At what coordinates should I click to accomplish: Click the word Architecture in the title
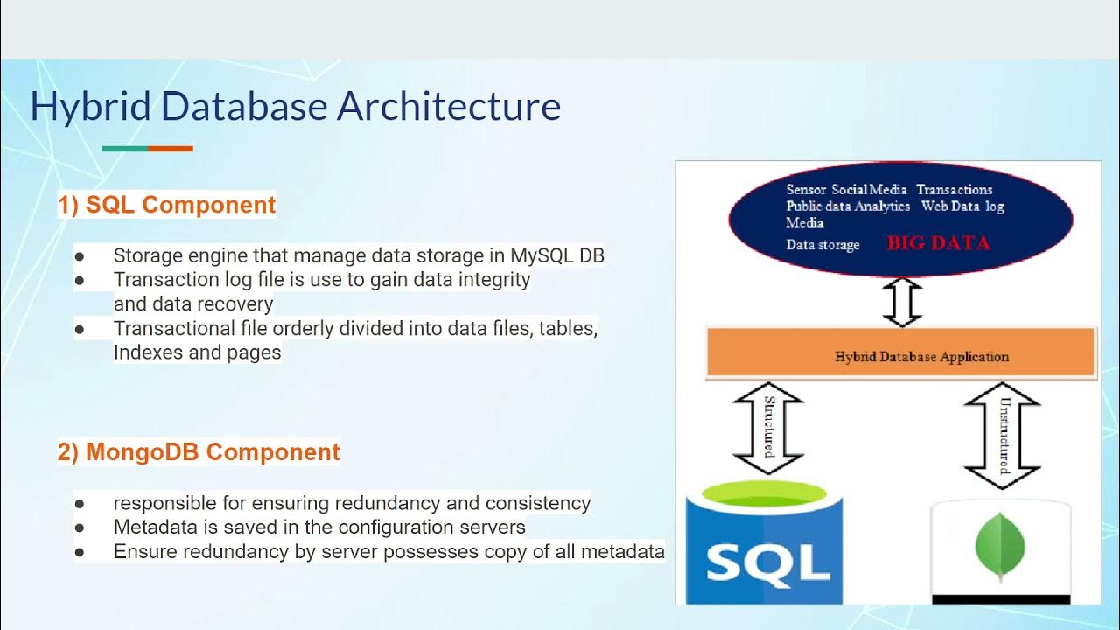point(449,108)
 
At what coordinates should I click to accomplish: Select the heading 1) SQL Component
point(166,205)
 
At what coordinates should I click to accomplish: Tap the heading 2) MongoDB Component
point(199,452)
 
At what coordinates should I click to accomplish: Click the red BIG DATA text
point(938,243)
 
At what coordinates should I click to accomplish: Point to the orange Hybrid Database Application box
point(901,353)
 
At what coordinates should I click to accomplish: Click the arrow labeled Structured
point(767,428)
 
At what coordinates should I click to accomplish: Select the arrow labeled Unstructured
point(1001,434)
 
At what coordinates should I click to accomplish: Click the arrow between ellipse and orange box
point(902,302)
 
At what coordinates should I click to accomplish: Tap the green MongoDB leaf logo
point(1000,546)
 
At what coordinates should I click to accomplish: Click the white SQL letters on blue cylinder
point(767,563)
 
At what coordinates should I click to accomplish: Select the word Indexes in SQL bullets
point(150,353)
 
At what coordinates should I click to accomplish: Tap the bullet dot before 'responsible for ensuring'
point(80,505)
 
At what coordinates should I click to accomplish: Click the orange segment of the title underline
point(170,149)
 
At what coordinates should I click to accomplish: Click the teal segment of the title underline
point(124,149)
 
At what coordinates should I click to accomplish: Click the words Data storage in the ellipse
point(822,245)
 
